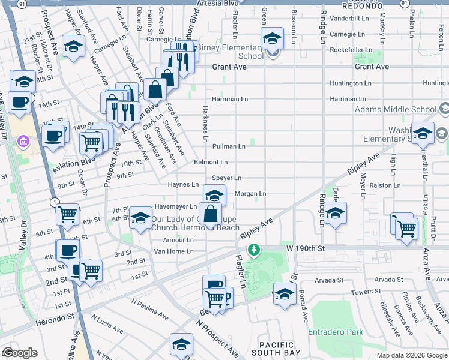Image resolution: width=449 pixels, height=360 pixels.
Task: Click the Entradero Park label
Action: point(336,332)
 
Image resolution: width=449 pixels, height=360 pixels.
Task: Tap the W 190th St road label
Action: point(305,248)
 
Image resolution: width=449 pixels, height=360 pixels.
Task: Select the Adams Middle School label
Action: point(396,110)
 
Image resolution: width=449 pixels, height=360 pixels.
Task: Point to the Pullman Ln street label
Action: point(229,146)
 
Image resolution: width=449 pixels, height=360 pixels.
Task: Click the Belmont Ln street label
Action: point(211,162)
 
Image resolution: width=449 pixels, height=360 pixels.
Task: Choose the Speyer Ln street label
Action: point(226,178)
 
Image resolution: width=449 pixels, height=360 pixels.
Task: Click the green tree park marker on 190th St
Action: point(255,248)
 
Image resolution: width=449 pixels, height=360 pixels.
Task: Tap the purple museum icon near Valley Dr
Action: point(23,142)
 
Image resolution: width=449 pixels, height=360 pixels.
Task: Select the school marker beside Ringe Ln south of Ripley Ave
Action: point(336,212)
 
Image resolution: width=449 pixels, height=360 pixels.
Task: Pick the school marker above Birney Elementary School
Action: point(272,39)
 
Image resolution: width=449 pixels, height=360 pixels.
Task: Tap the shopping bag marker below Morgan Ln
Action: point(211,214)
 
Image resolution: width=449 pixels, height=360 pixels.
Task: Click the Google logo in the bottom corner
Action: point(20,353)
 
